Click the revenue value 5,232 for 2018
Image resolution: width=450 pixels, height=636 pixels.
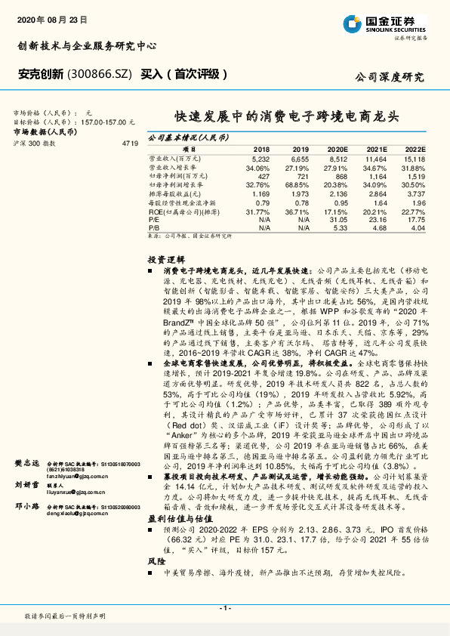coord(260,160)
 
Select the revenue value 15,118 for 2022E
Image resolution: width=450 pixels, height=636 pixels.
coord(415,160)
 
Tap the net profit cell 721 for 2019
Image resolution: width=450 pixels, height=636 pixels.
coord(301,176)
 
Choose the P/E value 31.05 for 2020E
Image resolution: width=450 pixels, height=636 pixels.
coord(338,218)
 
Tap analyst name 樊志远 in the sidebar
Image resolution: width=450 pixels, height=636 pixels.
coord(27,462)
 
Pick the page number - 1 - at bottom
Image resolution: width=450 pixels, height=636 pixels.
coord(225,608)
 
